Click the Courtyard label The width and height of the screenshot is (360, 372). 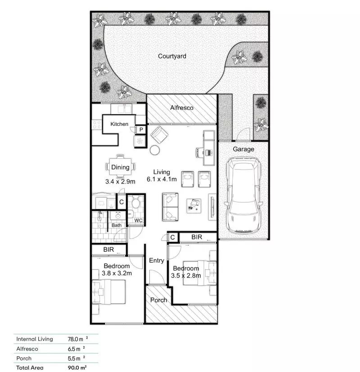click(x=172, y=56)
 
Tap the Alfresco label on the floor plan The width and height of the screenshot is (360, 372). click(x=182, y=108)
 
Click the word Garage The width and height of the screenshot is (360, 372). click(x=243, y=149)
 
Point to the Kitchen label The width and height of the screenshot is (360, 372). click(x=119, y=124)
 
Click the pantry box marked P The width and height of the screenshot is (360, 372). click(x=141, y=130)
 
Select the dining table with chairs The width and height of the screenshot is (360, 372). click(x=120, y=167)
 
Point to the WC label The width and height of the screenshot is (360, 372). click(x=139, y=221)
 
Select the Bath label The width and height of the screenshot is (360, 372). click(x=117, y=225)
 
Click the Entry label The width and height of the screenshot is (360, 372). click(x=157, y=260)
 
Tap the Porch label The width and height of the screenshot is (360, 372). click(x=158, y=300)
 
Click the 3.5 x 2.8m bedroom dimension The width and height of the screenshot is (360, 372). click(x=186, y=276)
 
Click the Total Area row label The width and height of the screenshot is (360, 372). click(x=31, y=368)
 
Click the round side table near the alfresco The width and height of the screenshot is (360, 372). click(x=155, y=150)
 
